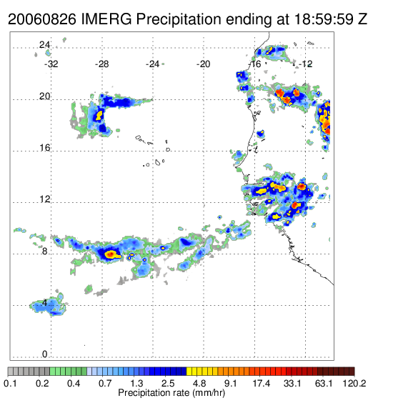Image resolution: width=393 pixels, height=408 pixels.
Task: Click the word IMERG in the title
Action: [x=106, y=19]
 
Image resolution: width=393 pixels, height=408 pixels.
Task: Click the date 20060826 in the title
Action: [x=42, y=19]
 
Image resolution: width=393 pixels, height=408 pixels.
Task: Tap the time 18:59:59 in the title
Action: [x=324, y=19]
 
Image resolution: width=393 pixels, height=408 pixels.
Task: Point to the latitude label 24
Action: [x=44, y=45]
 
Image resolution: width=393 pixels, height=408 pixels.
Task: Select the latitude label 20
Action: [x=44, y=96]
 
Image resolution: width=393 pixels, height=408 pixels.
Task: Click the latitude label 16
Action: [x=44, y=148]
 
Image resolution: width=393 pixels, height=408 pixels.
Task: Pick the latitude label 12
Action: [x=44, y=199]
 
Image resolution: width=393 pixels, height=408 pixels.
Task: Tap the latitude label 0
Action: [x=45, y=354]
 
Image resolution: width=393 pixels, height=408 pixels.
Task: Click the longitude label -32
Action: [x=51, y=64]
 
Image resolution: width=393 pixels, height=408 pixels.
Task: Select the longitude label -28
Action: [x=101, y=64]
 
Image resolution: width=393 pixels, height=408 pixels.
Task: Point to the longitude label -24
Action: [x=152, y=64]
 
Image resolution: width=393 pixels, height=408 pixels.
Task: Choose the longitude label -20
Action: [x=203, y=64]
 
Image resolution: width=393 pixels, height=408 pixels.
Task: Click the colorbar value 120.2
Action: [x=354, y=383]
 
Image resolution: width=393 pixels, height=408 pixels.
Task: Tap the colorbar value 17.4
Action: [x=262, y=383]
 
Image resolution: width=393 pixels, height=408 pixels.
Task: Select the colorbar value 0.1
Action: [x=11, y=383]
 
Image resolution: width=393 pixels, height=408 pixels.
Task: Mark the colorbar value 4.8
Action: [x=199, y=383]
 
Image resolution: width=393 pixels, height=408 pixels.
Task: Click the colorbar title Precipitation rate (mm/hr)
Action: [x=171, y=393]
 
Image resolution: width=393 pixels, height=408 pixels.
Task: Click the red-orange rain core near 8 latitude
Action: [x=110, y=254]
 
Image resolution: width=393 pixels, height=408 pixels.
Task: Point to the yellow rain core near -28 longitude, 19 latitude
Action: [x=99, y=115]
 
